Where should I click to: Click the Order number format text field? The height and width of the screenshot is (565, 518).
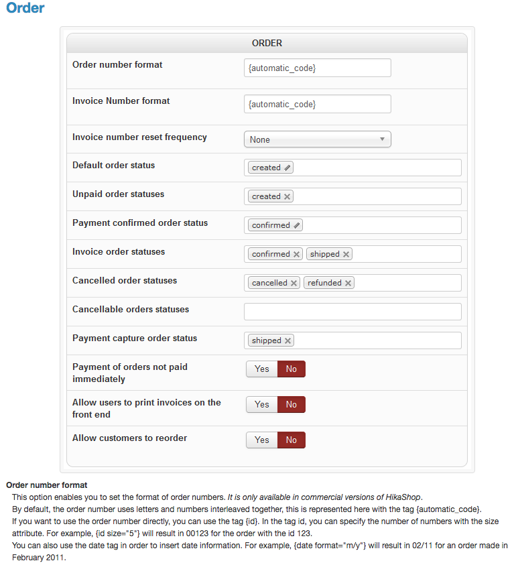317,68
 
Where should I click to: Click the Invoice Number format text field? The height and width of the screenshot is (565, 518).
317,104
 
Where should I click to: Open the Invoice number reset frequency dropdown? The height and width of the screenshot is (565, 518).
317,139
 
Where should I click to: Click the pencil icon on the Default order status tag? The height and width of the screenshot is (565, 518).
287,168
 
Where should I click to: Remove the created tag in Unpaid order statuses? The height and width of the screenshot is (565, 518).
287,197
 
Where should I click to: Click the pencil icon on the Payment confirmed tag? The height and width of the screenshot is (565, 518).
298,226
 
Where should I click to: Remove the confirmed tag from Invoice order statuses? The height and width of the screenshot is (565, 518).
297,255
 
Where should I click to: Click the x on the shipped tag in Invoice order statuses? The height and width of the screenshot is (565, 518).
346,255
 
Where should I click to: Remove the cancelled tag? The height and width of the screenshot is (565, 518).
294,284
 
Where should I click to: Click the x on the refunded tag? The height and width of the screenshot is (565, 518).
348,284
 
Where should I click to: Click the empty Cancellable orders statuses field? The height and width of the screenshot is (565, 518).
352,312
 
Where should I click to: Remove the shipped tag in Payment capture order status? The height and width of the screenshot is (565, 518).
288,341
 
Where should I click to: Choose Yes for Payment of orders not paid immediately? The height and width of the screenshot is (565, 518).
262,369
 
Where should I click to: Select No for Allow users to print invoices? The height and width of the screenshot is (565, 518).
292,404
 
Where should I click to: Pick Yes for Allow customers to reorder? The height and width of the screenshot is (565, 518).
262,440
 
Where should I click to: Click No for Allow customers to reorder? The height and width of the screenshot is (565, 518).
292,440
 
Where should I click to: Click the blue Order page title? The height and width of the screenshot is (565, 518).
25,9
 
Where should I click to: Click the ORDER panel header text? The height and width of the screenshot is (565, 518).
267,43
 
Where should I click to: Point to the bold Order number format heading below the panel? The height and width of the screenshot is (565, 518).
46,485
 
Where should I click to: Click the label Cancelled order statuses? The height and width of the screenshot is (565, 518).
125,280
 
